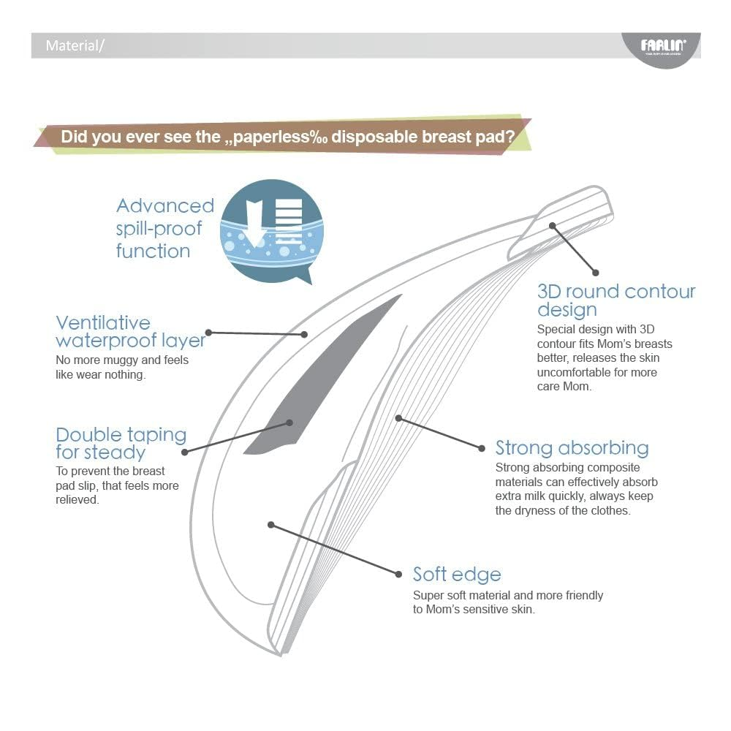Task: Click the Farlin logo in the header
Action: [x=662, y=46]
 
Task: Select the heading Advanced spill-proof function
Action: [x=164, y=228]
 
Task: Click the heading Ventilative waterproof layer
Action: [x=130, y=332]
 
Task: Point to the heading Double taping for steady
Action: [x=121, y=443]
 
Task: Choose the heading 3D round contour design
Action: [x=616, y=300]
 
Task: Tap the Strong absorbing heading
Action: [x=572, y=447]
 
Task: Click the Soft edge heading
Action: [x=457, y=574]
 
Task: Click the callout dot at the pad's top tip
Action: [x=553, y=226]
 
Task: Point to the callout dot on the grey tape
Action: [x=290, y=423]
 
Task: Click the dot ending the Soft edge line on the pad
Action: [x=271, y=524]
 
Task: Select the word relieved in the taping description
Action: [x=77, y=499]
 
